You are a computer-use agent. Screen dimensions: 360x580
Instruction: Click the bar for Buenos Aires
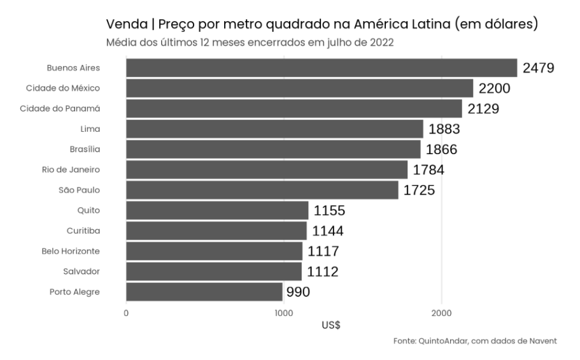point(322,68)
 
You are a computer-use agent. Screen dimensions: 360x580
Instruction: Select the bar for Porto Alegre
point(204,292)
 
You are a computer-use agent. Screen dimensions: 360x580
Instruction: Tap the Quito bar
point(217,210)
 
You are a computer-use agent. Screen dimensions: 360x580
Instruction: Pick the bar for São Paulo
point(262,190)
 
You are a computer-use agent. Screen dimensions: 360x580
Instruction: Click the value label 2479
point(539,68)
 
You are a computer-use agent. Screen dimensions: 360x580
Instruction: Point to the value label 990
point(299,292)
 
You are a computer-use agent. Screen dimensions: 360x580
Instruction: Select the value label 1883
point(444,129)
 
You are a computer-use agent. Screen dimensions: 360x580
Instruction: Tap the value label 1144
point(328,231)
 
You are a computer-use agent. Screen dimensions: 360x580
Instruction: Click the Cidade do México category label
point(63,88)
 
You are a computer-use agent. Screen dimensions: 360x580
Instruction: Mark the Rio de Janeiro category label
point(70,169)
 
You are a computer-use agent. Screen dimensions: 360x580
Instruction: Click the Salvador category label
point(81,271)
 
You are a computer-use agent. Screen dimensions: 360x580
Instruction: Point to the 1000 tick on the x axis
point(283,313)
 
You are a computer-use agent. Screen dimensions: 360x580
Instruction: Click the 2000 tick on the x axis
point(441,313)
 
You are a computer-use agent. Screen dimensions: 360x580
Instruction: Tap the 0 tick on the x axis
point(126,313)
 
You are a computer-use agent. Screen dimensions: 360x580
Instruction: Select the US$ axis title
point(331,325)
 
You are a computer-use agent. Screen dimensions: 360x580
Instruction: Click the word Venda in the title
point(125,25)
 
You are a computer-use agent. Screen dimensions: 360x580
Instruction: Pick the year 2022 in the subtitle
point(383,43)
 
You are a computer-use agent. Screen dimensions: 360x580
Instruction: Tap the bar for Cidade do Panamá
point(294,108)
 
